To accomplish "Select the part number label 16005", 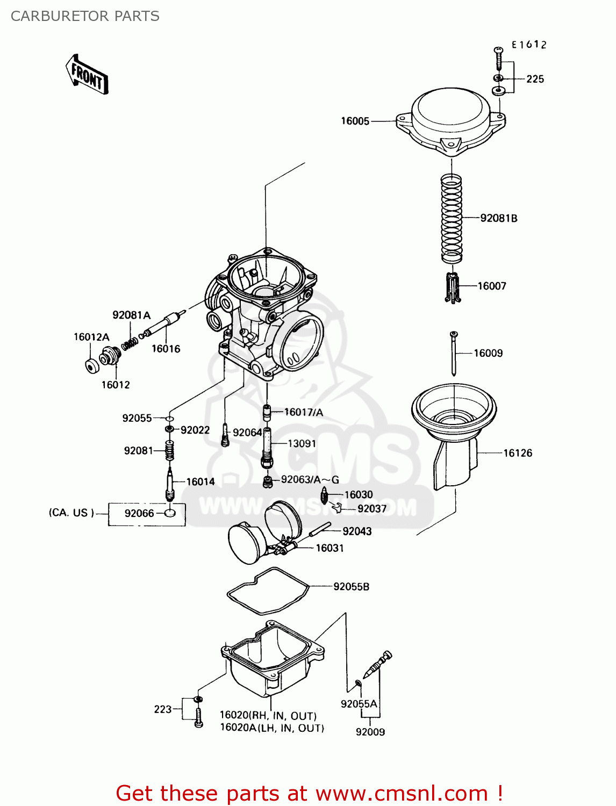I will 355,121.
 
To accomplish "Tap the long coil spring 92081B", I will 452,218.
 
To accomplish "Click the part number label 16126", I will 517,454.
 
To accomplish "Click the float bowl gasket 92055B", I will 267,591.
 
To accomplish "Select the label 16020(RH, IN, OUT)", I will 268,716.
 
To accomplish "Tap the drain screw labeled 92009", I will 378,666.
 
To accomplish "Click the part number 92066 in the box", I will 139,514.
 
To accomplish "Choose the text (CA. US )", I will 71,513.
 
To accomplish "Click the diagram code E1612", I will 528,45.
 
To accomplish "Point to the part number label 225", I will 535,80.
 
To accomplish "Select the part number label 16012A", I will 91,337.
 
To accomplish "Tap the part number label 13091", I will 302,444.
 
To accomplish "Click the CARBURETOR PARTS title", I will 85,16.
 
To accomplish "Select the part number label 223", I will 162,710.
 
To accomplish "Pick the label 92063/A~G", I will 310,480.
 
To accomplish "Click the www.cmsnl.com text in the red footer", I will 401,794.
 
